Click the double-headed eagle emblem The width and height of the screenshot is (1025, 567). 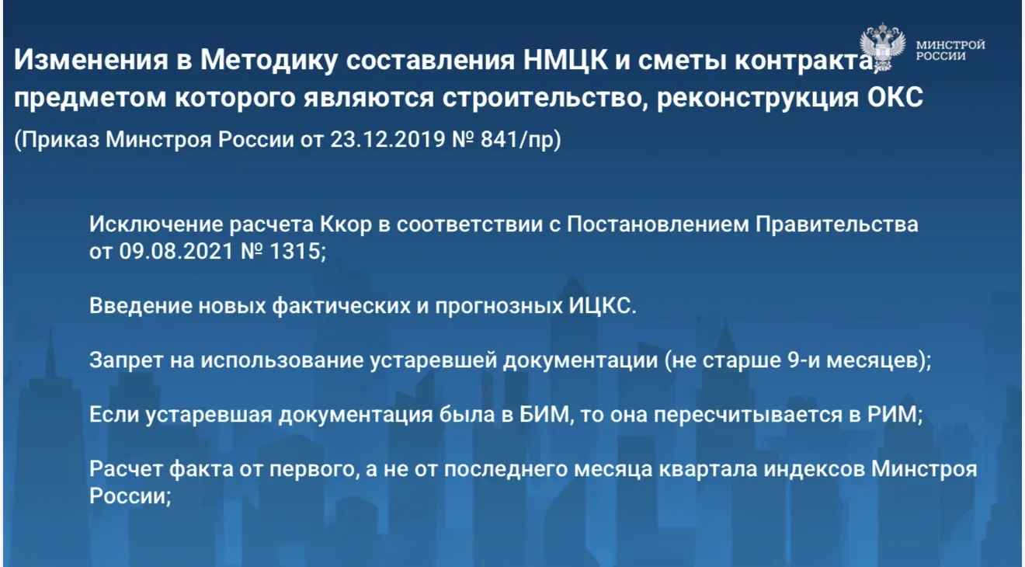(x=883, y=47)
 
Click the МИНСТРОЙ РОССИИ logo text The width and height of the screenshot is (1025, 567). (x=950, y=50)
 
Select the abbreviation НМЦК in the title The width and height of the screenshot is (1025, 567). (x=565, y=60)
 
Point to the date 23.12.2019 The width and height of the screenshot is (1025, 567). (x=387, y=139)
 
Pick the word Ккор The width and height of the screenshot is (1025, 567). (x=346, y=224)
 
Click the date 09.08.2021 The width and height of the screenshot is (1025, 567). (x=176, y=251)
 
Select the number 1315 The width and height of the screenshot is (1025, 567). (x=296, y=251)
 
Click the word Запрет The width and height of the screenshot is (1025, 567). (x=127, y=360)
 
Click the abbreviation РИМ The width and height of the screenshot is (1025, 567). (x=892, y=415)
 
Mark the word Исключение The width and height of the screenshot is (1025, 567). (x=156, y=224)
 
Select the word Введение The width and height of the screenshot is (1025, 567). (x=141, y=306)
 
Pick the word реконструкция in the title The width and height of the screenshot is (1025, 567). (x=758, y=99)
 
